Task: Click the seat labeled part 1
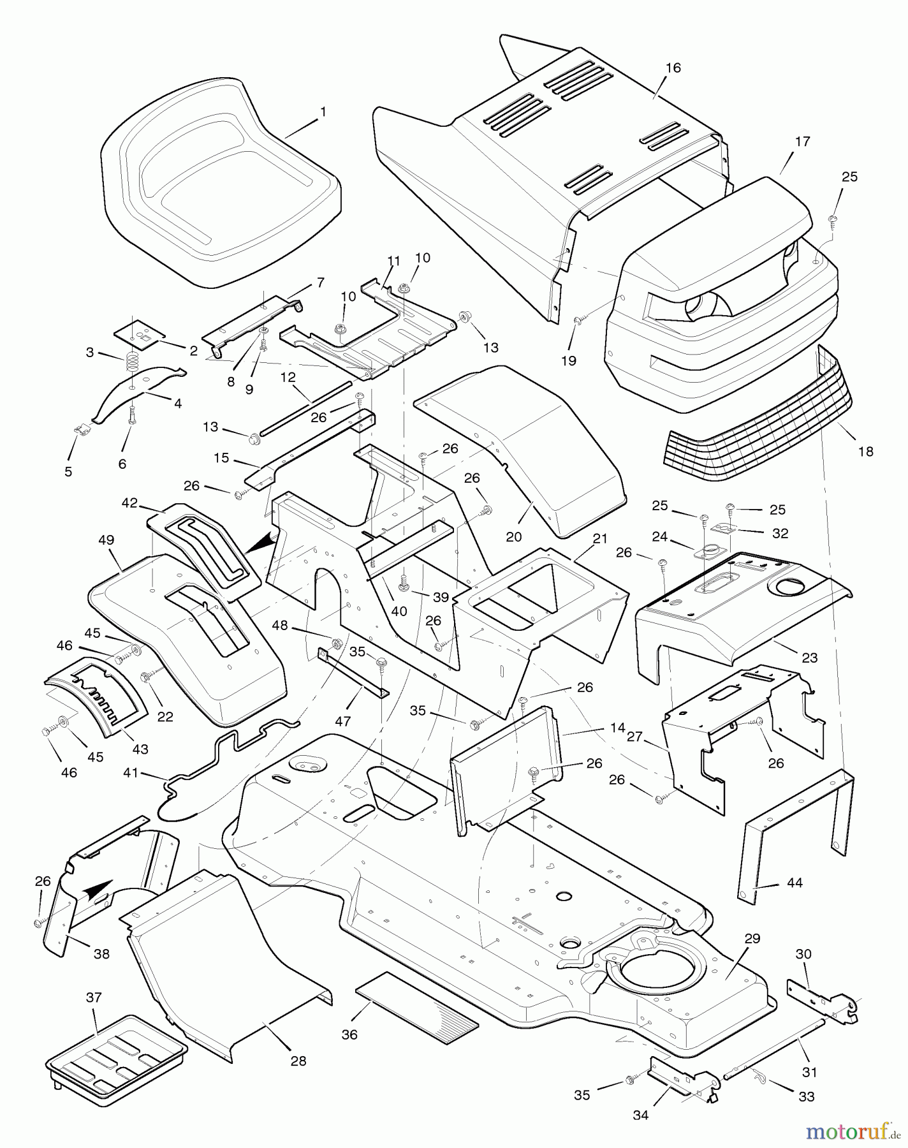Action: [220, 185]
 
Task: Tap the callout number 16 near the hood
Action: [673, 68]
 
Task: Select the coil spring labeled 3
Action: [131, 364]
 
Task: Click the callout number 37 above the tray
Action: [94, 997]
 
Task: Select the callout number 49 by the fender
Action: [106, 540]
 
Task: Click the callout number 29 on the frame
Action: [752, 938]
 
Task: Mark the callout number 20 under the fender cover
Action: [513, 536]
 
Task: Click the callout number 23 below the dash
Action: [809, 657]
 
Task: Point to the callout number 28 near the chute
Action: [298, 1061]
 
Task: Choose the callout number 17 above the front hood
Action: [803, 142]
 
